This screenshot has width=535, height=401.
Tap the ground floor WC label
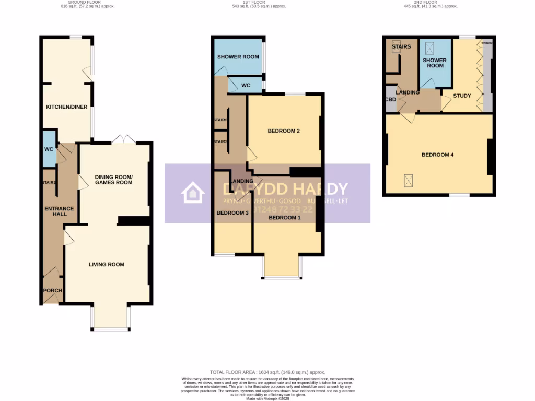[49, 149]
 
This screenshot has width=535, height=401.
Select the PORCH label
[53, 291]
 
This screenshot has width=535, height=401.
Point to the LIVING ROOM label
[107, 264]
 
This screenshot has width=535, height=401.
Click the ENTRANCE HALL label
[59, 212]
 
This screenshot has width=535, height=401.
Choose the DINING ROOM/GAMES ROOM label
[113, 180]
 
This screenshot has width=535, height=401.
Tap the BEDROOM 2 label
[284, 131]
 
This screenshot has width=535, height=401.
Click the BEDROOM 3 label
[232, 213]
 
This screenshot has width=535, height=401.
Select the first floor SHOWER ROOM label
[238, 56]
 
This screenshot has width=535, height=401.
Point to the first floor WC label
[246, 85]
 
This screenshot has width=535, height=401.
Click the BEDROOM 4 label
[438, 155]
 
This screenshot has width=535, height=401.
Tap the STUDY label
[462, 96]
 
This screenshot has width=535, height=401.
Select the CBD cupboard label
[390, 99]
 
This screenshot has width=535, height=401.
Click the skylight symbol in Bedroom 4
[408, 180]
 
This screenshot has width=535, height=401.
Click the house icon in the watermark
[193, 193]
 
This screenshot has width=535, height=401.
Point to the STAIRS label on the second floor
[401, 46]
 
